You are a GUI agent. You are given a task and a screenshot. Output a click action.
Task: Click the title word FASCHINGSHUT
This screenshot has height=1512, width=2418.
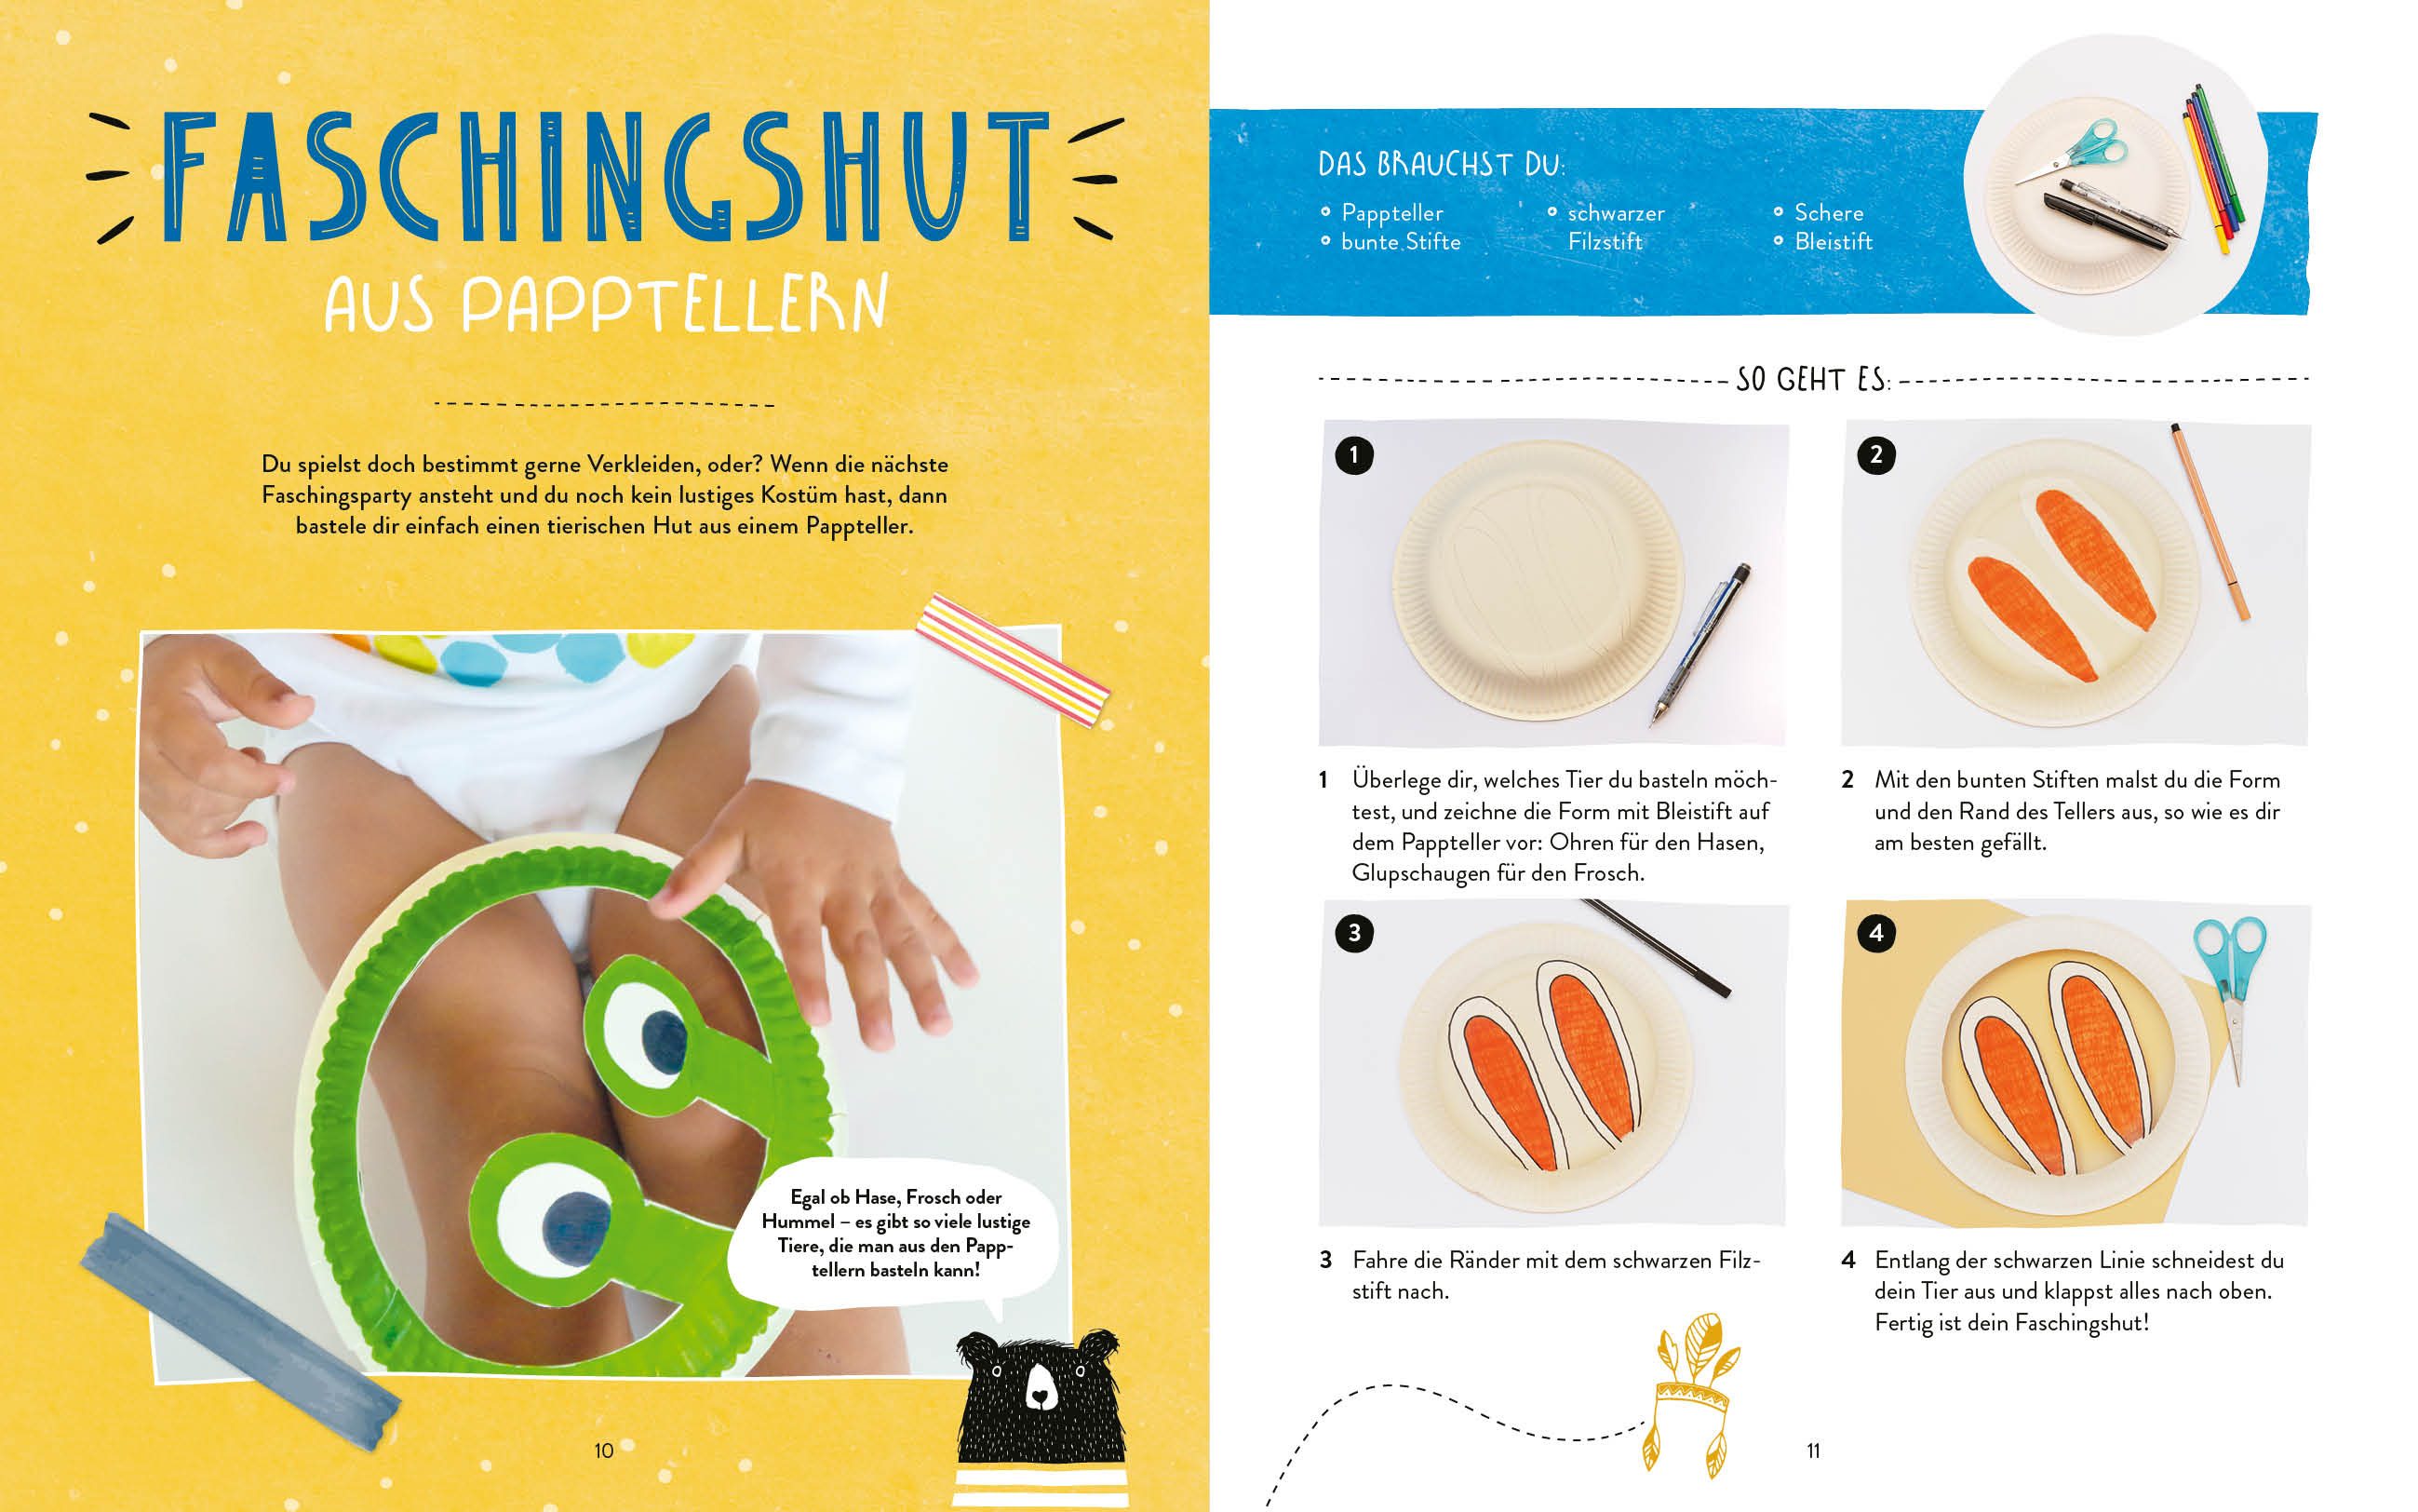(604, 177)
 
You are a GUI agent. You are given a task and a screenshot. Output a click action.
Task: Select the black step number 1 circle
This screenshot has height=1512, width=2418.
(1354, 455)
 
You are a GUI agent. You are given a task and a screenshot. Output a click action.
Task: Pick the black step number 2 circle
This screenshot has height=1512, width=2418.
(1876, 455)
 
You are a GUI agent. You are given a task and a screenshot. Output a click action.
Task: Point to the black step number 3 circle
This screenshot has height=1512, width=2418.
(1354, 933)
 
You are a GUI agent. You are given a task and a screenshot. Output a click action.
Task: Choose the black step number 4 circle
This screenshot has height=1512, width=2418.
(1876, 933)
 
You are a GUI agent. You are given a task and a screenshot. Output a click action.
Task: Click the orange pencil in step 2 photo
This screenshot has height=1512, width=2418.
(2210, 522)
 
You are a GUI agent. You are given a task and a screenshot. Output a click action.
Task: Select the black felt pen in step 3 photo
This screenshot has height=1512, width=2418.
(1657, 947)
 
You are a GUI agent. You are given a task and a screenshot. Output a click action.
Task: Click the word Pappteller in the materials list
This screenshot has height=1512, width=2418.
(1391, 213)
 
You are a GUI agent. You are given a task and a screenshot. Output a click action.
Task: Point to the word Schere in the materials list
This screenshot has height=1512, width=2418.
(1828, 212)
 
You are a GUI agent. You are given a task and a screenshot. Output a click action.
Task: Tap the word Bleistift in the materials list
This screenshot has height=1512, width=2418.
(1834, 241)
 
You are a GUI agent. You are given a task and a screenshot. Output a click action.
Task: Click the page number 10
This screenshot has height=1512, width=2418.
(604, 1450)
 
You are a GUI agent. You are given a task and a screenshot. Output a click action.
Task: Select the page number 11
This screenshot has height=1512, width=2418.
(1813, 1450)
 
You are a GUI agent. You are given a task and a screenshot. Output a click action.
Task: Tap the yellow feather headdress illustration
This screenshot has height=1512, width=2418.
(1691, 1394)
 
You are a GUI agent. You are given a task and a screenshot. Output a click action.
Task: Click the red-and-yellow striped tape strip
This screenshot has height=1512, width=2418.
(1013, 660)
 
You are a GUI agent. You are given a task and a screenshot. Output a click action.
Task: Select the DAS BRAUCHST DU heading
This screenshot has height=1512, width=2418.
(1442, 164)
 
